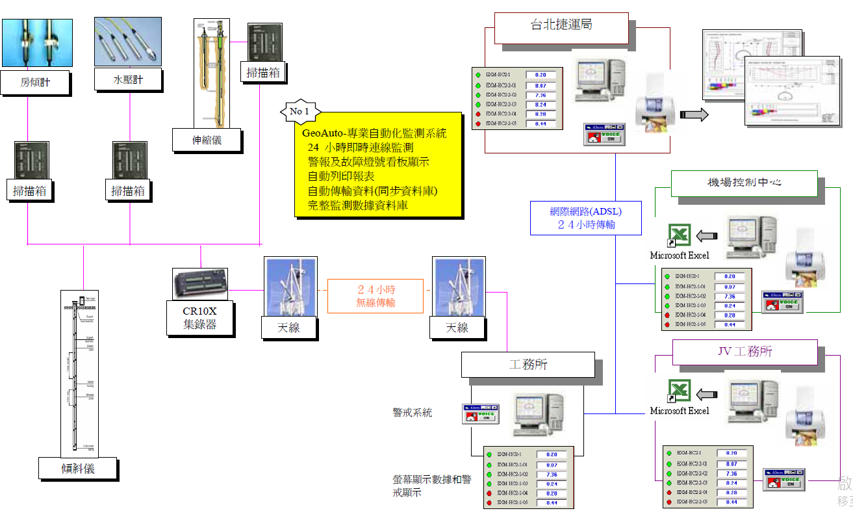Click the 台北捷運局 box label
point(561,26)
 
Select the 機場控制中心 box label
point(744,183)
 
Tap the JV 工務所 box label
point(744,352)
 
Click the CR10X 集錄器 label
point(200,318)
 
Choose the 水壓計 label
point(128,80)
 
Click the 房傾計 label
point(35,83)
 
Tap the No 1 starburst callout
point(299,111)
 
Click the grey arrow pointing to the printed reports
point(694,115)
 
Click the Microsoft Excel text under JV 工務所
point(680,411)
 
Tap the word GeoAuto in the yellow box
point(323,133)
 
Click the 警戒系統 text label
point(412,412)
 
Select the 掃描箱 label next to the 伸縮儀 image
point(264,72)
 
